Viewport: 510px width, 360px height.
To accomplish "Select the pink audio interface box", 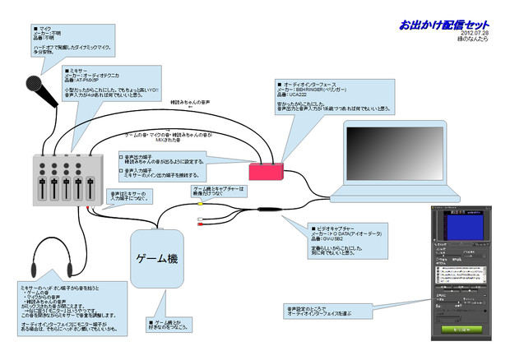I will pyautogui.click(x=267, y=170).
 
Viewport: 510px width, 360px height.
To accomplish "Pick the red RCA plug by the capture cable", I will pyautogui.click(x=200, y=226).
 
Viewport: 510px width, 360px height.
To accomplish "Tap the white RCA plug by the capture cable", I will pyautogui.click(x=200, y=219).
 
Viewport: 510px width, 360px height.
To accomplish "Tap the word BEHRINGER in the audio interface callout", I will pyautogui.click(x=321, y=90).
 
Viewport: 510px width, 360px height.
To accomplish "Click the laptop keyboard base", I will pyautogui.click(x=387, y=197).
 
